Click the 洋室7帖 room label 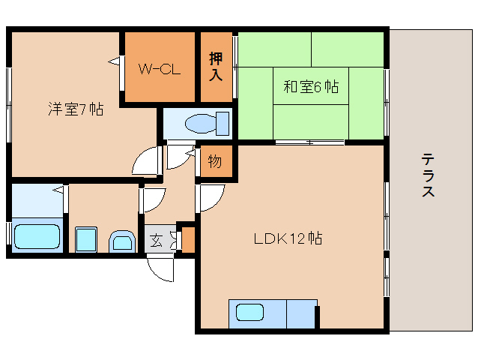click(76, 109)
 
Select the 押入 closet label click(217, 67)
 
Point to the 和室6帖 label click(310, 87)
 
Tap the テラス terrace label click(429, 175)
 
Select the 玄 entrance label click(156, 241)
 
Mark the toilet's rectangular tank click(222, 121)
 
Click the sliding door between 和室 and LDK click(308, 142)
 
